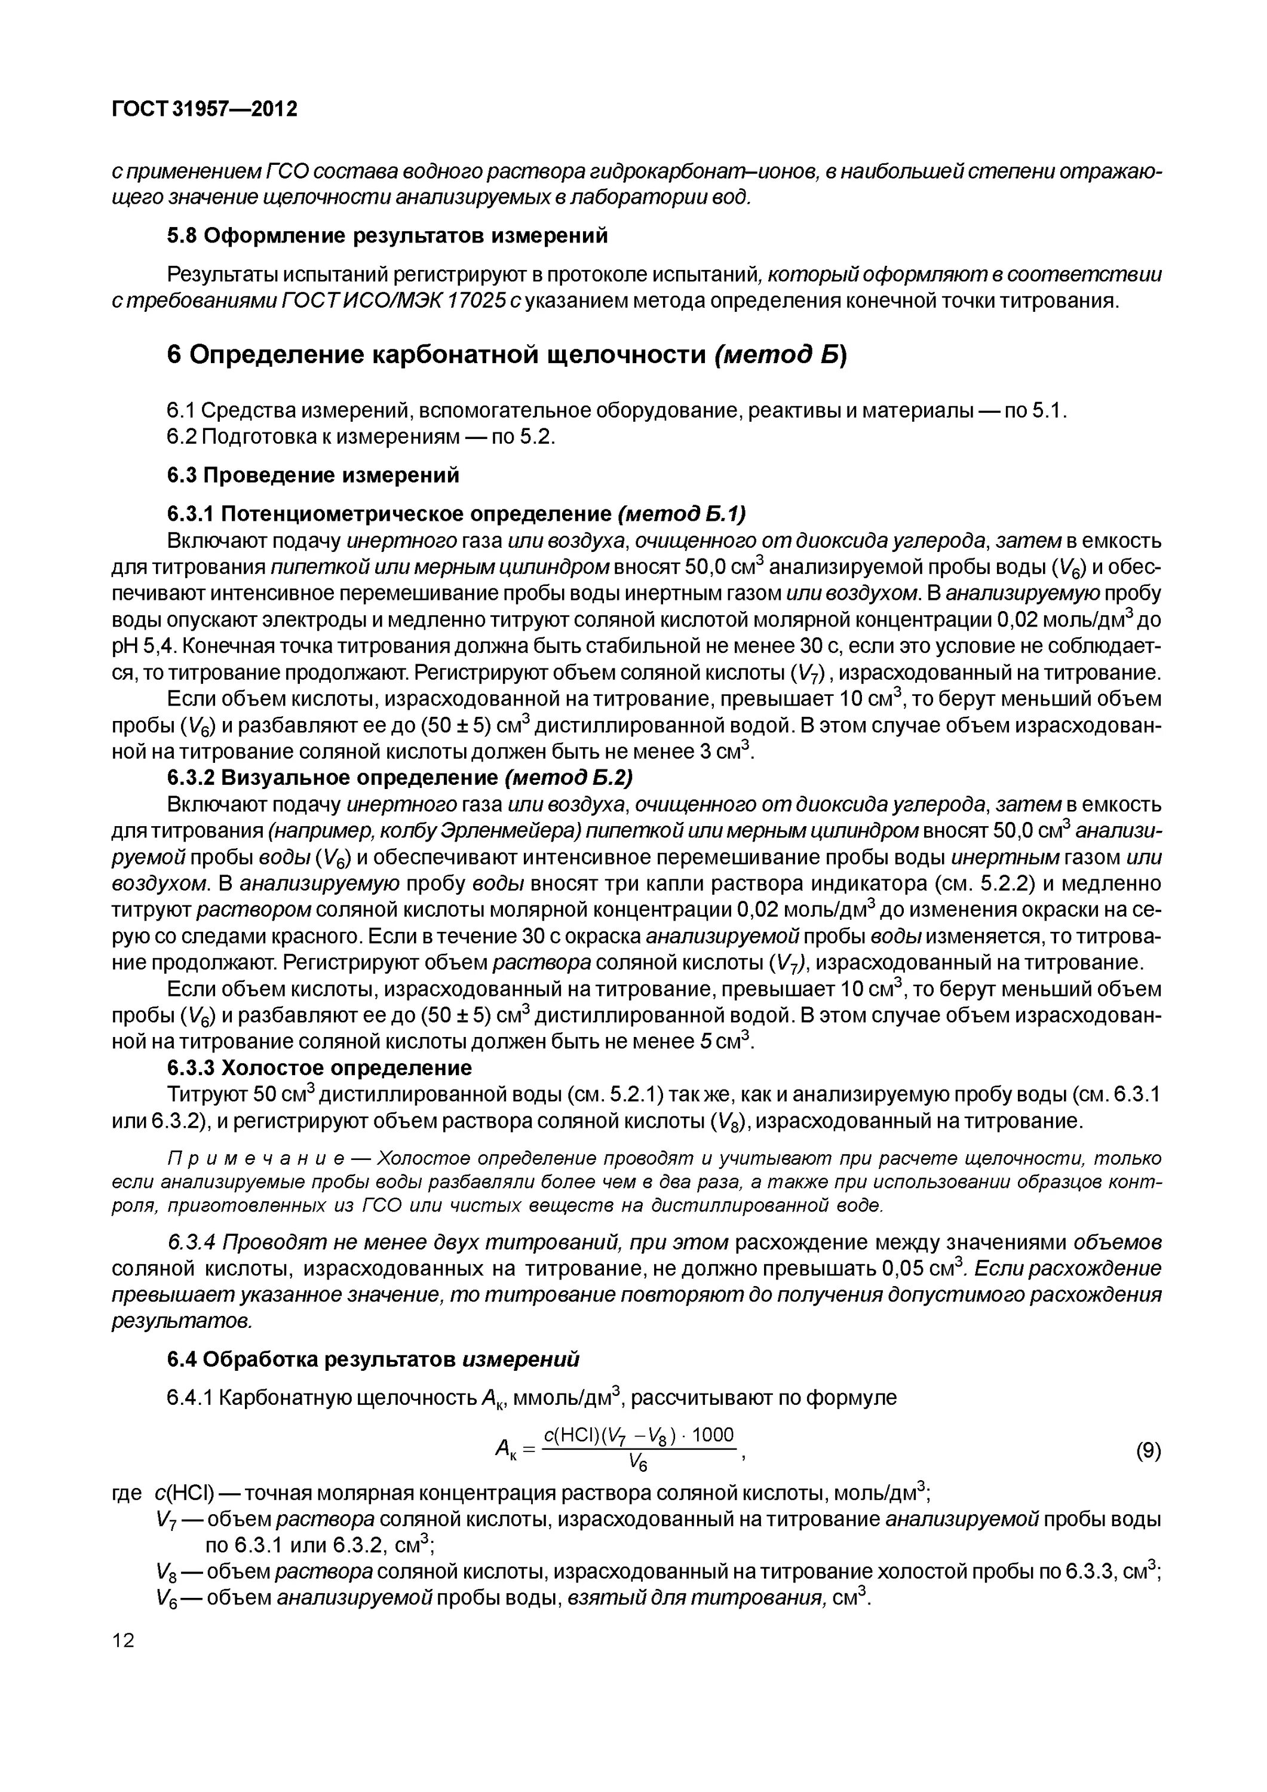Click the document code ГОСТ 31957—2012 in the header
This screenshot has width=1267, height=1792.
coord(204,109)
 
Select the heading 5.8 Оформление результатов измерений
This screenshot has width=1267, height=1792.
coord(387,236)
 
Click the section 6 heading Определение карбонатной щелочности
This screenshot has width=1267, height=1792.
coord(507,355)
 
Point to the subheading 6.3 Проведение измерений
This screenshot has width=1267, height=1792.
coord(313,475)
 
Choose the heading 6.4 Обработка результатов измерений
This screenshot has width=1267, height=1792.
coord(373,1360)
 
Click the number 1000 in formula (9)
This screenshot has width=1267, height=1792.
coord(713,1435)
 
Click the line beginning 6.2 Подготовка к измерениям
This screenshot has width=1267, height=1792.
coord(361,437)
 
